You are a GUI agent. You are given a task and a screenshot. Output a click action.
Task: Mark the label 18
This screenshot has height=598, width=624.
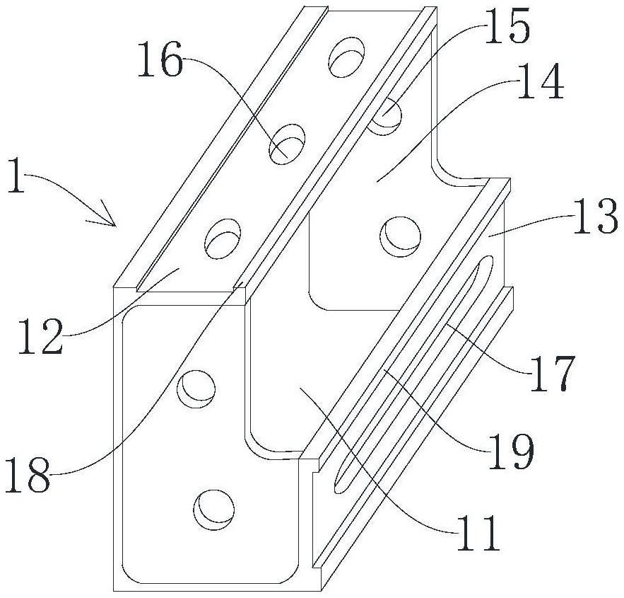28,475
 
